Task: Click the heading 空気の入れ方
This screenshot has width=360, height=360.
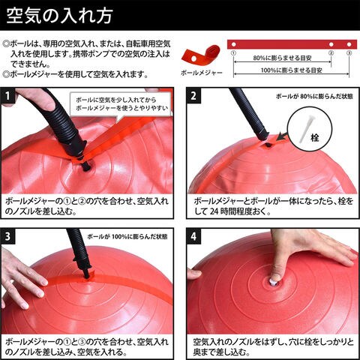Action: [x=59, y=16]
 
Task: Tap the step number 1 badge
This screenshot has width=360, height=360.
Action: [x=7, y=95]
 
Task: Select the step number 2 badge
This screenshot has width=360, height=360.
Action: [x=193, y=95]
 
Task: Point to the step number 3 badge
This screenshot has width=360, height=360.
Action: [x=7, y=236]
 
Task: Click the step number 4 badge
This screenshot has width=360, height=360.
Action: [x=193, y=236]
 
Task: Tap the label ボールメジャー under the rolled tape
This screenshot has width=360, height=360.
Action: [x=202, y=73]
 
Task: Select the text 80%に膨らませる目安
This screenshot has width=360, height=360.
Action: [x=282, y=58]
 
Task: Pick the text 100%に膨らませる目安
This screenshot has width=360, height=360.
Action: [x=291, y=70]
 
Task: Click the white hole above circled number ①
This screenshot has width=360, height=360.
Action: [x=233, y=44]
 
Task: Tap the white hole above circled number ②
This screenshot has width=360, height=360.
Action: [x=331, y=44]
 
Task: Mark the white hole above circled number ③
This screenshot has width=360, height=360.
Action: [x=349, y=44]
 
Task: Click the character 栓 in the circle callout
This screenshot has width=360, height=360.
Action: [x=315, y=137]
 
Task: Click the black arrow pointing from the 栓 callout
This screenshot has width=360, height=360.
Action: [x=283, y=136]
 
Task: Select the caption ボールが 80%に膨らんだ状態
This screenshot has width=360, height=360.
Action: [x=314, y=97]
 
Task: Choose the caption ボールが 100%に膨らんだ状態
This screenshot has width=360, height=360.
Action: [x=127, y=236]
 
